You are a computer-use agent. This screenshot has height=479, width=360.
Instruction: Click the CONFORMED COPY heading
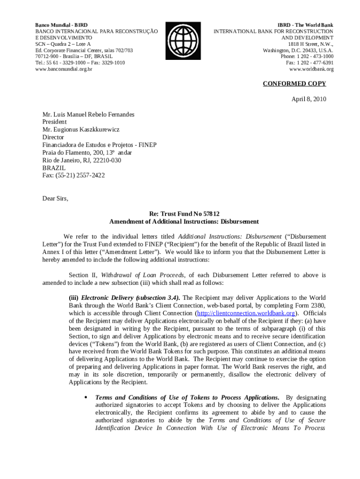pyautogui.click(x=294, y=84)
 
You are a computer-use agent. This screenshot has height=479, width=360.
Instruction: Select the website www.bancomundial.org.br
pyautogui.click(x=64, y=69)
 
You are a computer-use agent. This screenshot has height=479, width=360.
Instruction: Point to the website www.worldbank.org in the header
pyautogui.click(x=311, y=69)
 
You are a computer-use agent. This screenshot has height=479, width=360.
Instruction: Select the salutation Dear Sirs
pyautogui.click(x=55, y=198)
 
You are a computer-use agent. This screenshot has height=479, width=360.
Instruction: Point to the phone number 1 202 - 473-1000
pyautogui.click(x=314, y=57)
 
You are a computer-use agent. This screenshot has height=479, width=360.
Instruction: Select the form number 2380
pyautogui.click(x=317, y=305)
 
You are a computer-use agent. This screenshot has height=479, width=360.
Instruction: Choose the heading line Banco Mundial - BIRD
pyautogui.click(x=62, y=25)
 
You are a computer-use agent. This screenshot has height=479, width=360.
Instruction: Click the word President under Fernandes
pyautogui.click(x=55, y=122)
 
